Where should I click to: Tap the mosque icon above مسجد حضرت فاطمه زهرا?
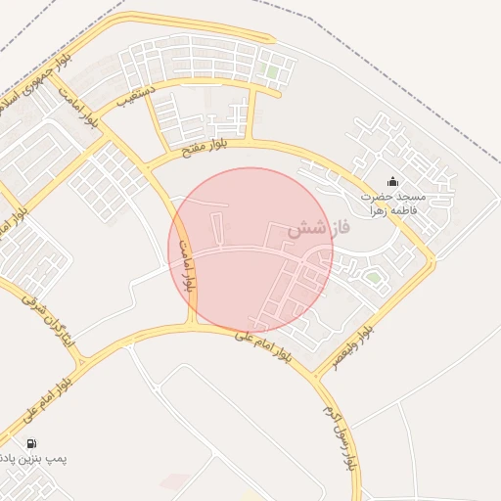pyautogui.click(x=393, y=181)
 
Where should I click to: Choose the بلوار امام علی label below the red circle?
pyautogui.click(x=262, y=344)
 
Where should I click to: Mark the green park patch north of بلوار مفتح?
pyautogui.click(x=272, y=71)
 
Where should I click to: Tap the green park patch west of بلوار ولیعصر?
pyautogui.click(x=373, y=278)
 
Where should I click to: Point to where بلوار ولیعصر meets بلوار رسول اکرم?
pyautogui.click(x=315, y=375)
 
